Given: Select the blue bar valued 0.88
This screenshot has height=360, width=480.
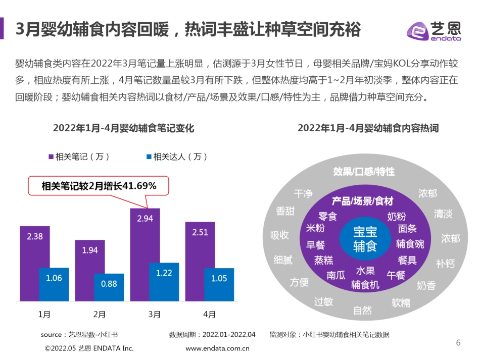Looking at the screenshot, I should (109, 288).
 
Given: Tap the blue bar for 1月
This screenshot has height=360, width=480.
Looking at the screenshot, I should (54, 285).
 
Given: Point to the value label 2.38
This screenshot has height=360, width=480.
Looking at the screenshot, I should (35, 236).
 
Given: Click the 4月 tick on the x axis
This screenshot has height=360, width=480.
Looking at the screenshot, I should (209, 315).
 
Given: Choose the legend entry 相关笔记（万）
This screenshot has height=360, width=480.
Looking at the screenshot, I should (79, 157).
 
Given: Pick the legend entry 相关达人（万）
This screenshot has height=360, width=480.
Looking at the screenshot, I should (177, 157).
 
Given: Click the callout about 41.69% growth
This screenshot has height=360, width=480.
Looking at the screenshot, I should (99, 186).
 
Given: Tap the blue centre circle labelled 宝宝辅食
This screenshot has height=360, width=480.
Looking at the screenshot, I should (365, 239).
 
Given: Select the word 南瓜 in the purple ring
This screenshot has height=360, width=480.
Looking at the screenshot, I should (336, 275).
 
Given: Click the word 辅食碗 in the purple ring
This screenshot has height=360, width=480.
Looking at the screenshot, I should (410, 244).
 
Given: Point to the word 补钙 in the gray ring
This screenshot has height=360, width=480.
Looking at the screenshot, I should (445, 263).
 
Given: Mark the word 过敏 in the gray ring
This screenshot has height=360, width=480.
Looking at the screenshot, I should (323, 301).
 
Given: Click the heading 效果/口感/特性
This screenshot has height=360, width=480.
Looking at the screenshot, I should (364, 172).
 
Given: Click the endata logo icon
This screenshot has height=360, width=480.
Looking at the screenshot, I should (417, 31).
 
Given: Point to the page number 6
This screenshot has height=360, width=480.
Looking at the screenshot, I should (458, 343).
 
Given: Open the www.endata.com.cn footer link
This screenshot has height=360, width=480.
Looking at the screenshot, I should (218, 348).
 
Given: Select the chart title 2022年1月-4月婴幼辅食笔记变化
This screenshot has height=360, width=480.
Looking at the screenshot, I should (123, 128).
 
